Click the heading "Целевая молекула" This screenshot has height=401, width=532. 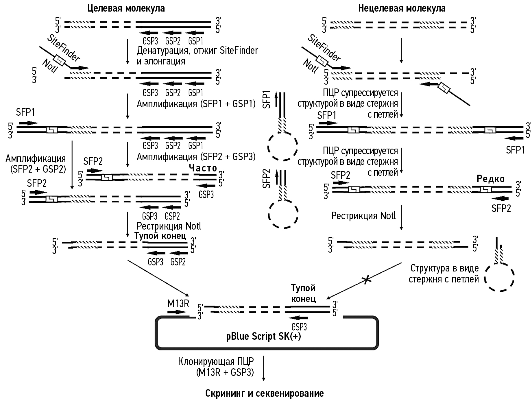pyautogui.click(x=126, y=8)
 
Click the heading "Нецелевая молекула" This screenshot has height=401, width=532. pyautogui.click(x=402, y=8)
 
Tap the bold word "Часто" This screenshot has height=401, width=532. pyautogui.click(x=203, y=168)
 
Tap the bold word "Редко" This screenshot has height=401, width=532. pyautogui.click(x=490, y=179)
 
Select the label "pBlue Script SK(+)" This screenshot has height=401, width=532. pyautogui.click(x=263, y=337)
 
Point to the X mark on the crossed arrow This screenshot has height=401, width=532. pyautogui.click(x=366, y=280)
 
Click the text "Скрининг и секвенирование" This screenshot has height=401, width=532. pyautogui.click(x=265, y=393)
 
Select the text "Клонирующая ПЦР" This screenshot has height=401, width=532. pyautogui.click(x=216, y=362)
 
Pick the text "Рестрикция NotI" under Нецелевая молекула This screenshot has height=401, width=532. pyautogui.click(x=363, y=216)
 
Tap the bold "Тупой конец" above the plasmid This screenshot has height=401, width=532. pyautogui.click(x=303, y=293)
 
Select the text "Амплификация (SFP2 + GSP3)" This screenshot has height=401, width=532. pyautogui.click(x=196, y=157)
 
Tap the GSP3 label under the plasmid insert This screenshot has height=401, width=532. pyautogui.click(x=299, y=327)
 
